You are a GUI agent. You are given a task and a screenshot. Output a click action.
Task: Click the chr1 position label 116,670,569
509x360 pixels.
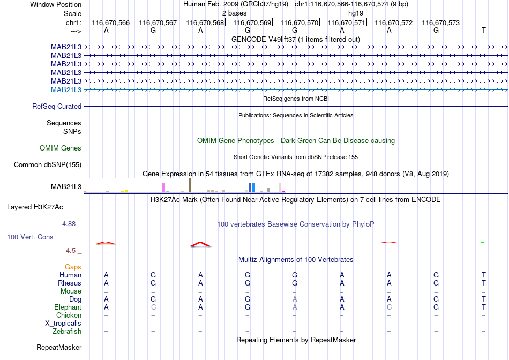[x=252, y=22]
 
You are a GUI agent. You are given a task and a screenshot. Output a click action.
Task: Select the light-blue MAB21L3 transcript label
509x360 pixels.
[x=66, y=89]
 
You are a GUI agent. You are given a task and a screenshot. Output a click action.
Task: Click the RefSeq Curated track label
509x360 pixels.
[x=57, y=106]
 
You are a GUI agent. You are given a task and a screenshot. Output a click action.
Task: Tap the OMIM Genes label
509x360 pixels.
[x=61, y=148]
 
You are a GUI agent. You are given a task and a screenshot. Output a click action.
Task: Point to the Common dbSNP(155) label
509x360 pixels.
[x=48, y=164]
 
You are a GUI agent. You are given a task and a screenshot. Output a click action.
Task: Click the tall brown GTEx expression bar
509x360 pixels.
[x=190, y=185]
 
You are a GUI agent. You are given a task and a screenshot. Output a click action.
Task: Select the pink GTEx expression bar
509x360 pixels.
[x=163, y=187]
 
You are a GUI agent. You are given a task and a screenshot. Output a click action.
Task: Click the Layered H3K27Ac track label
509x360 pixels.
[x=35, y=207]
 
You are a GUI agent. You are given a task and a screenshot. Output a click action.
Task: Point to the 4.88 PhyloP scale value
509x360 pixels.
[x=69, y=224]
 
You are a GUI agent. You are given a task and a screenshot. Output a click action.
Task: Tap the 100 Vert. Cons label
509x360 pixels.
[x=30, y=237]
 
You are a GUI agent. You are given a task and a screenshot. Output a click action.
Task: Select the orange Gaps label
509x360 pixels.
[x=73, y=267]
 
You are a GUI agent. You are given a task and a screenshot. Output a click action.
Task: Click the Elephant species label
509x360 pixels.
[x=68, y=307]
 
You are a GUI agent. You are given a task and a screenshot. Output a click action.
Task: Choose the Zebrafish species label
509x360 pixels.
[x=67, y=332]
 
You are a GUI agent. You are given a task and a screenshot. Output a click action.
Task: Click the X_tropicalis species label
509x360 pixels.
[x=63, y=324]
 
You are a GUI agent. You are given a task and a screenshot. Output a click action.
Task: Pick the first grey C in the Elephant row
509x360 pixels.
[x=153, y=307]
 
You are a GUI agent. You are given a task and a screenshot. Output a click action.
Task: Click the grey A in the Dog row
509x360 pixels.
[x=295, y=299]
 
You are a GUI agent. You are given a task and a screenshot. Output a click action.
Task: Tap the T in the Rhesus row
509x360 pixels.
[x=484, y=283]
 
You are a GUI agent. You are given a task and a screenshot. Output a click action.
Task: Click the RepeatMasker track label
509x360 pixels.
[x=59, y=347]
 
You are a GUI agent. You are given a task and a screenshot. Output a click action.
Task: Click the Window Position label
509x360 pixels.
[x=56, y=4]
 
